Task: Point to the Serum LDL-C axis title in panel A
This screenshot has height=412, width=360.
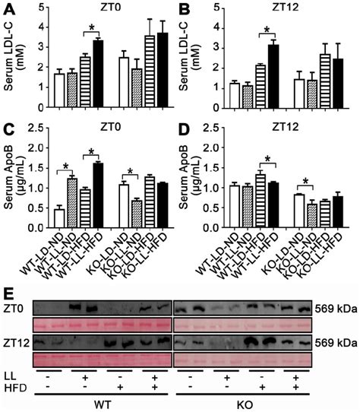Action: point(14,55)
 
